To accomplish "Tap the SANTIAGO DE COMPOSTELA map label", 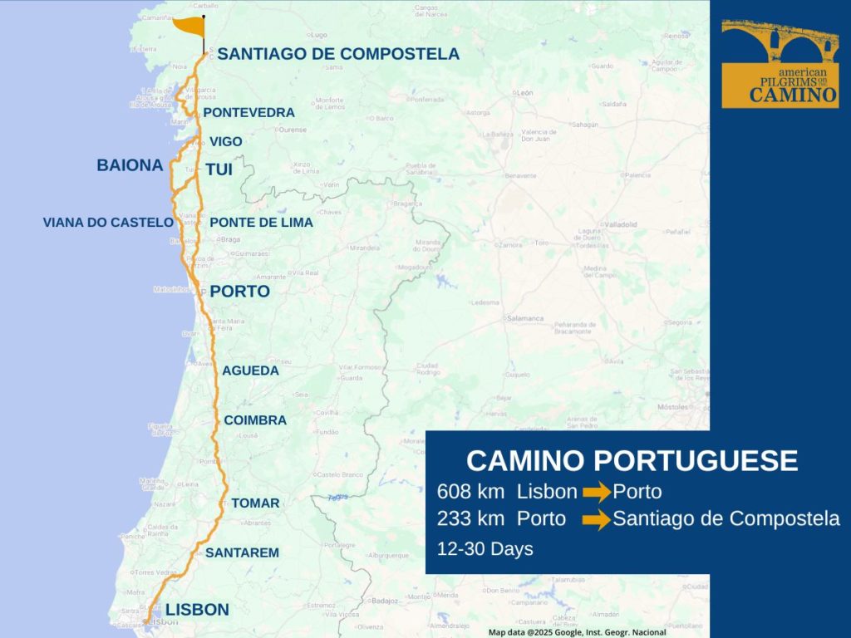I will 337,54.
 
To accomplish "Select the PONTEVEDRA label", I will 248,112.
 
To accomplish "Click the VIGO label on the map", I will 225,142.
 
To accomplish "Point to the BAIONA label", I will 130,165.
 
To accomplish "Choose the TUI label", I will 219,169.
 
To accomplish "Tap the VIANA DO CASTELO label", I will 108,223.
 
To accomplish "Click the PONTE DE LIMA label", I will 261,223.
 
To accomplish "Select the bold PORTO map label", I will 239,292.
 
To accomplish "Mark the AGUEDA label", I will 250,371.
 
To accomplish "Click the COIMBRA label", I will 255,420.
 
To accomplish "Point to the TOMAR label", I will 255,503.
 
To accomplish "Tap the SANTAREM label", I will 242,552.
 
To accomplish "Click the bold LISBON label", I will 197,610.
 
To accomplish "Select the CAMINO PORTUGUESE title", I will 632,461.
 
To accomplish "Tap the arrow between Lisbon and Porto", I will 596,493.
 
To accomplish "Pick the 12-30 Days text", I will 485,549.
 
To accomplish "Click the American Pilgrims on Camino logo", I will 780,64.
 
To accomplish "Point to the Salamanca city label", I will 525,318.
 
